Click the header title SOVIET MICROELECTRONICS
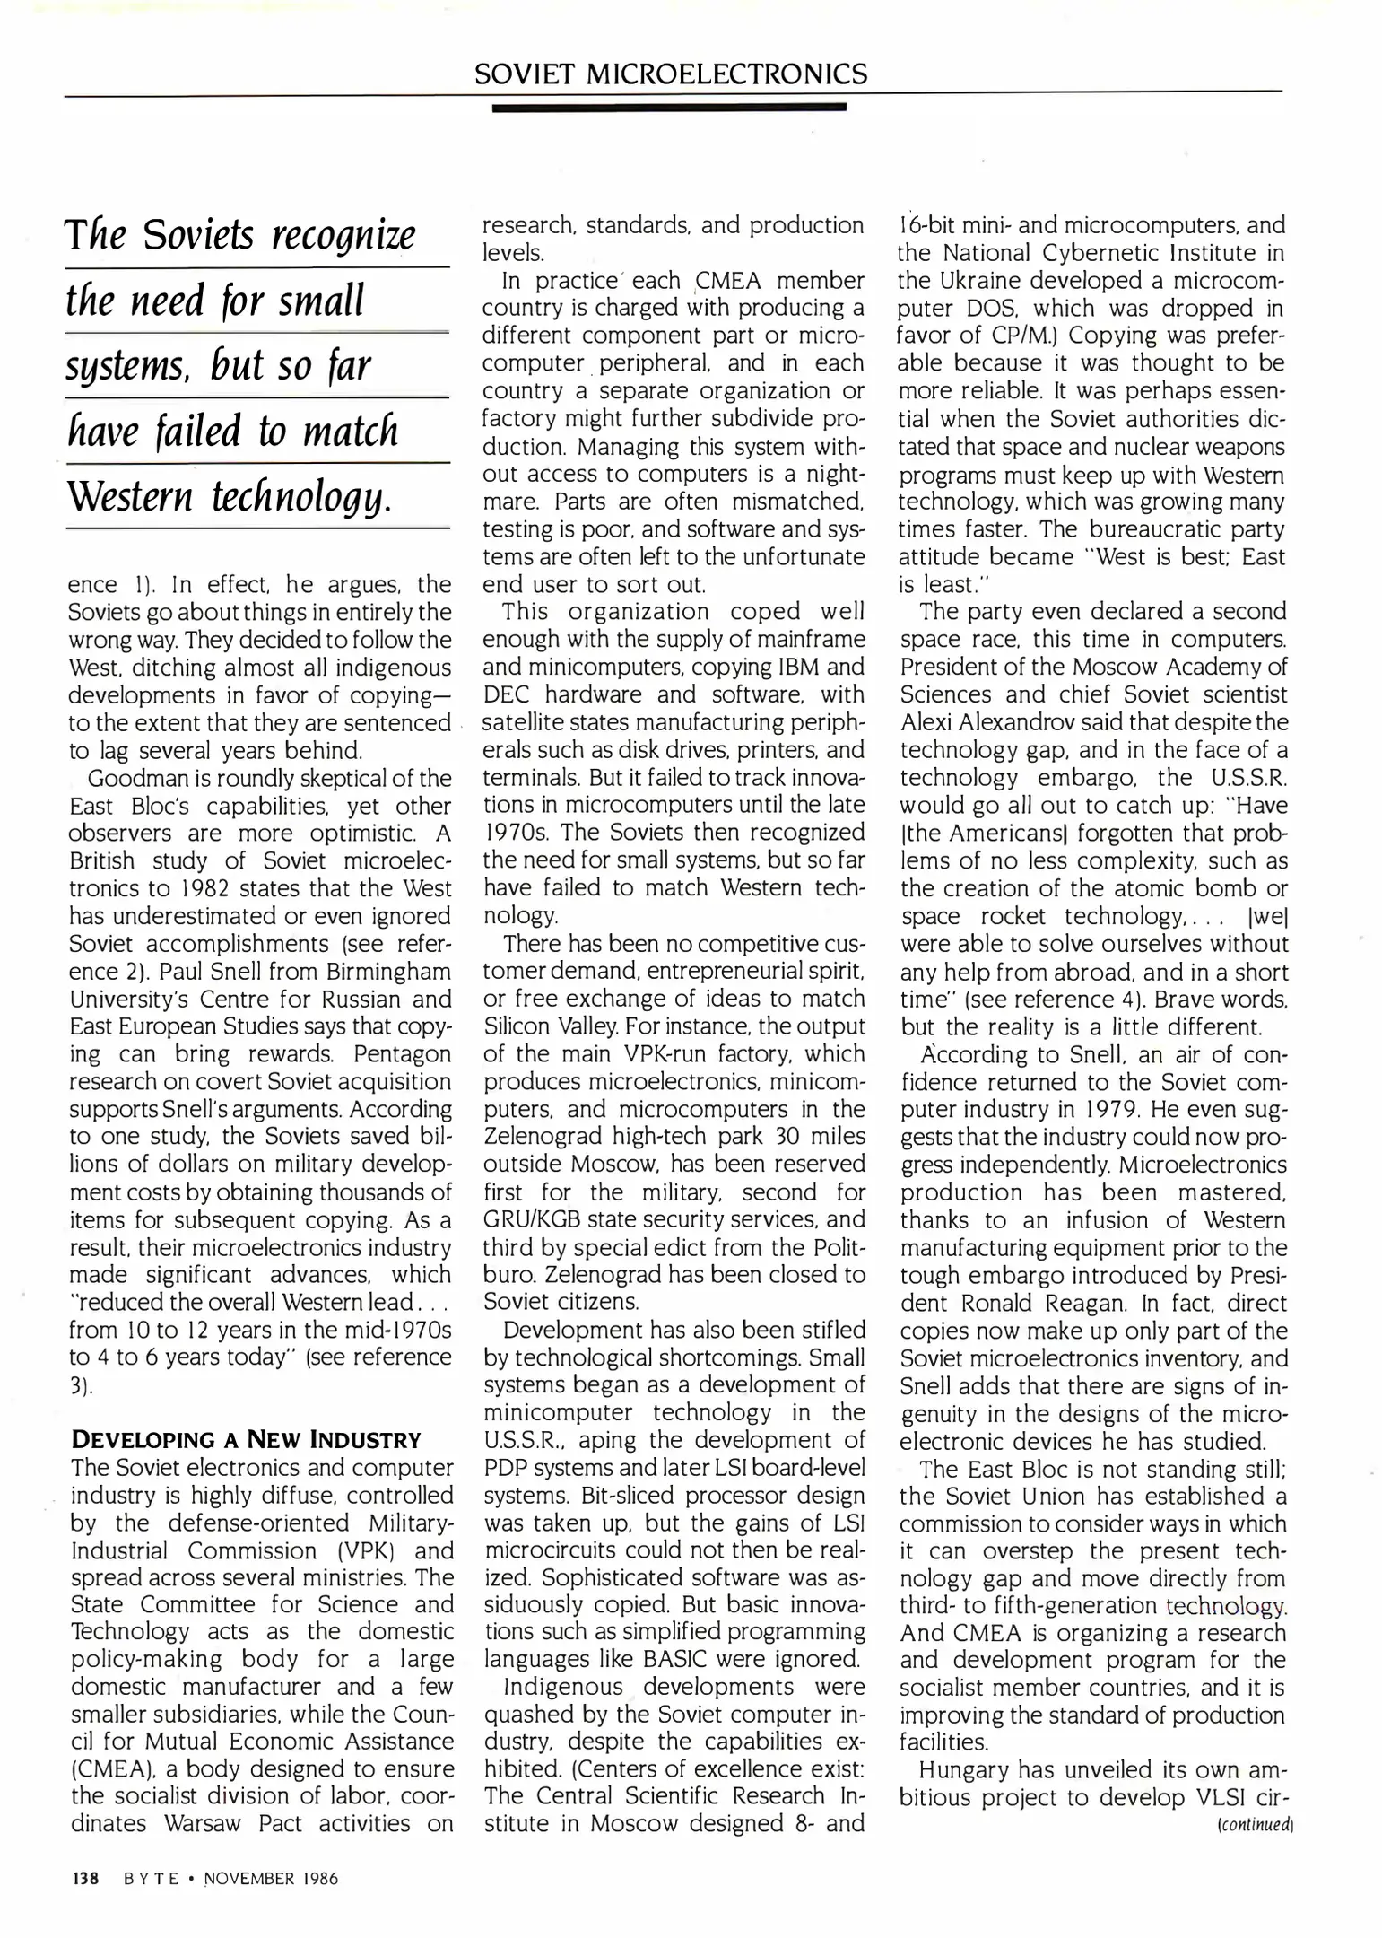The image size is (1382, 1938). point(671,74)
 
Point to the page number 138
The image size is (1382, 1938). point(85,1878)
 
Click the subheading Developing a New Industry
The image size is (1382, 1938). point(246,1440)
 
